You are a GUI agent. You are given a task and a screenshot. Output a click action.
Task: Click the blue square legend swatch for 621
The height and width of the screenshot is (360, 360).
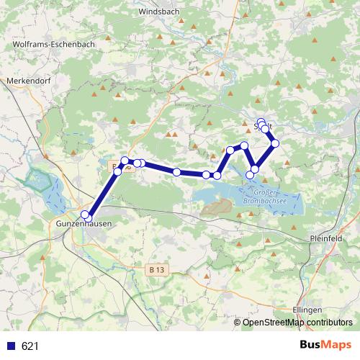point(12,346)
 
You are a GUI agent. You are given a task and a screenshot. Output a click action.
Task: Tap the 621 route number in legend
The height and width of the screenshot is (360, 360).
point(30,346)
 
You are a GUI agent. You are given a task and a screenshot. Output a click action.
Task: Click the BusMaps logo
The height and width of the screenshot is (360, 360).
point(325,345)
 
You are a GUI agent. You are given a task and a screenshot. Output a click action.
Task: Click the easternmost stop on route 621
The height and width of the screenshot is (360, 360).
point(275,143)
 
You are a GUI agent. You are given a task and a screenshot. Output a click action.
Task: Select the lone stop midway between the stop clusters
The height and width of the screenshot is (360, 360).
point(176,171)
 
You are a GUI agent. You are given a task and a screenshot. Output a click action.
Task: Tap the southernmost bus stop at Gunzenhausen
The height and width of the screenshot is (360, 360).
point(88,217)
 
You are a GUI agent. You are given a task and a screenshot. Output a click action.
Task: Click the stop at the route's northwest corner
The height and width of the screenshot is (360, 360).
point(125,161)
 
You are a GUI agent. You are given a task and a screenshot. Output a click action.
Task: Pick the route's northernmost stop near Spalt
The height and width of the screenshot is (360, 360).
point(261,122)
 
